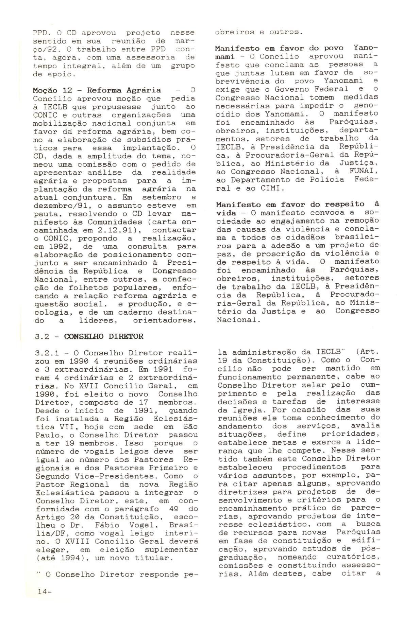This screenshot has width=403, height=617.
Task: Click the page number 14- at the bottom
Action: (44, 601)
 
